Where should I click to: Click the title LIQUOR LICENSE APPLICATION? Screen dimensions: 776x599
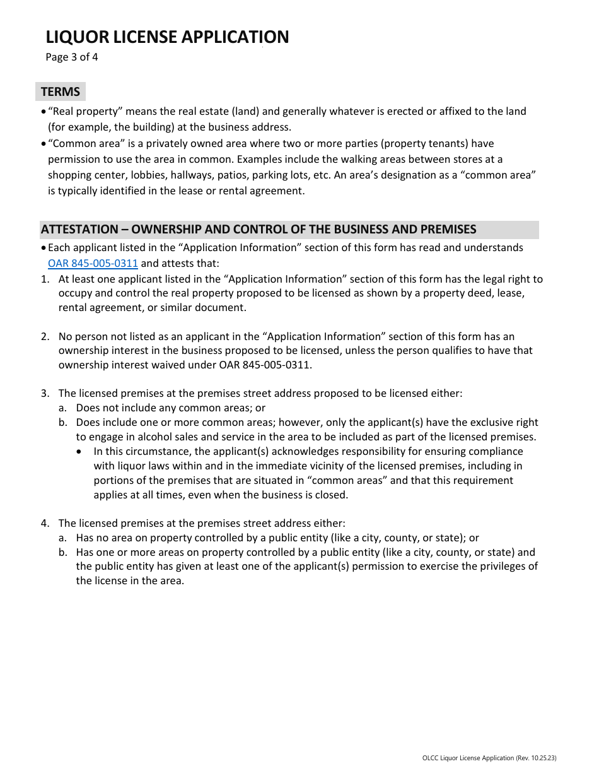(x=167, y=37)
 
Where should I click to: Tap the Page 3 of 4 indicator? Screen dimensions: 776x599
(x=72, y=57)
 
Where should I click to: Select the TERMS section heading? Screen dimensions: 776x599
(x=61, y=92)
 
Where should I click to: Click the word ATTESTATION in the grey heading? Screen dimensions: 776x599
(x=79, y=230)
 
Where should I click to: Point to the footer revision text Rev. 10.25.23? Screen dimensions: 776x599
(x=535, y=758)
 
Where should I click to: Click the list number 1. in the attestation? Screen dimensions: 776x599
(x=45, y=279)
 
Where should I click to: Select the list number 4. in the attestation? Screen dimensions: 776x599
(x=45, y=523)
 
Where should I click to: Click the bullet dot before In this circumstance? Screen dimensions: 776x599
(x=79, y=452)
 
